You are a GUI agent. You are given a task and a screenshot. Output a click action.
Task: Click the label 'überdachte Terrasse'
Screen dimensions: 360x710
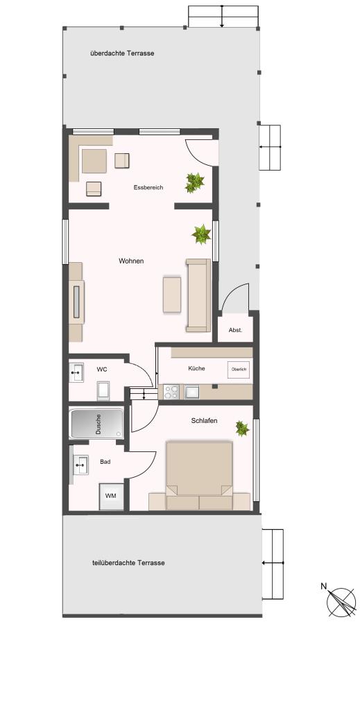(x=122, y=53)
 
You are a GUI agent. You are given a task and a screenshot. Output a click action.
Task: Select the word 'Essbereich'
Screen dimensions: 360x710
(x=148, y=187)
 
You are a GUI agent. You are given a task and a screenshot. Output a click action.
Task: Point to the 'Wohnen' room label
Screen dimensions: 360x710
(x=131, y=261)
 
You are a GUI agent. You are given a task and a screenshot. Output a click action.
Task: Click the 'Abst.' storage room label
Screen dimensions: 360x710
(x=235, y=330)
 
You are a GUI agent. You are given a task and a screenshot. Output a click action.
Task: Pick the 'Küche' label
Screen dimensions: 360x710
(x=196, y=369)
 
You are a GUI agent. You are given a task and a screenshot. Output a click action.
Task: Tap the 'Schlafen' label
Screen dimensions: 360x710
(x=204, y=421)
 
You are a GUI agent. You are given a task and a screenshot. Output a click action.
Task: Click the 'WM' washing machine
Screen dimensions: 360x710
(x=111, y=496)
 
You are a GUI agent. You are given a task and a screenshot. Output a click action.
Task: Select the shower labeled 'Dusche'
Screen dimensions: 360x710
(x=96, y=424)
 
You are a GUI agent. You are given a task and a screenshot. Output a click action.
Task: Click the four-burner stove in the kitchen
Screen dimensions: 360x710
(x=171, y=392)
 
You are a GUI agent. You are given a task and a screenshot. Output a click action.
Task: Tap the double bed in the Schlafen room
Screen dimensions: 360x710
(x=199, y=476)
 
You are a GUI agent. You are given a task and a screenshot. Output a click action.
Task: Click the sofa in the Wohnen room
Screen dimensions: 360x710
(x=198, y=295)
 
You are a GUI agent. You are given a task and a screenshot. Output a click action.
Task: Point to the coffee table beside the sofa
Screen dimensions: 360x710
(x=172, y=295)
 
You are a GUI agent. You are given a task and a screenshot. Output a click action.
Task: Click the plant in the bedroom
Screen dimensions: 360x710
(x=242, y=428)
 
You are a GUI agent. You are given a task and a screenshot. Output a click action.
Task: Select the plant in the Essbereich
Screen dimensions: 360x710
(x=195, y=182)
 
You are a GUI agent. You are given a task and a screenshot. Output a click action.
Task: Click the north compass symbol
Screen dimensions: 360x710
(x=341, y=602)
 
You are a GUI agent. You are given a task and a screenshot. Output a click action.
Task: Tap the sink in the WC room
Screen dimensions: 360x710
(x=76, y=372)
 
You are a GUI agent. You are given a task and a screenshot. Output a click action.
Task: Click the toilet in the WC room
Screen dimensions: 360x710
(x=103, y=391)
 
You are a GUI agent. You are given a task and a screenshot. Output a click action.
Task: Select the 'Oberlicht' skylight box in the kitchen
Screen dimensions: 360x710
(x=239, y=370)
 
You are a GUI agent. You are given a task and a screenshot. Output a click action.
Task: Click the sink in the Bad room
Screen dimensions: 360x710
(x=80, y=465)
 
